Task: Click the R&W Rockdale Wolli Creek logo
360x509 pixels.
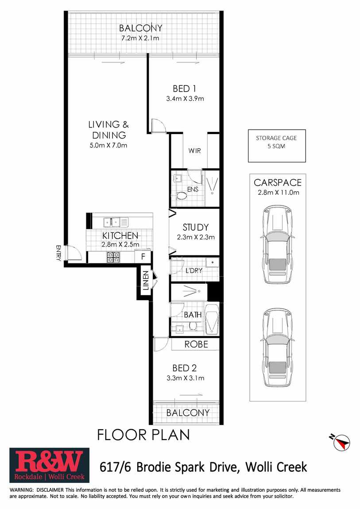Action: [x=49, y=465]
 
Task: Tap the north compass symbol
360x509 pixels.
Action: [x=340, y=442]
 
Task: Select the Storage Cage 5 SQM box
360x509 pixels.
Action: [x=277, y=146]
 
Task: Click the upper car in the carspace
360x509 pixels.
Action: [x=278, y=244]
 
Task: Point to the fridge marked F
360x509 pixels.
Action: [x=143, y=256]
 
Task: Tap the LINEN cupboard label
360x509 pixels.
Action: [x=146, y=281]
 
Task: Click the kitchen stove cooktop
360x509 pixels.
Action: [x=113, y=258]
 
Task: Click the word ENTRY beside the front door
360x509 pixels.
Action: [x=58, y=253]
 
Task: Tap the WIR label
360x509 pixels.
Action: [x=194, y=150]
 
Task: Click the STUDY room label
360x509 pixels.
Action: [x=196, y=227]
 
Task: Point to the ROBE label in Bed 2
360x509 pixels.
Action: [x=196, y=344]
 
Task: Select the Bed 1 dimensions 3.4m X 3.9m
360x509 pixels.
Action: [x=185, y=98]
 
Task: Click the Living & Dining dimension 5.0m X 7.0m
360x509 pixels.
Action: [x=108, y=145]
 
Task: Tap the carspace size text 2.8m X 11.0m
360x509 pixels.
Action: [x=279, y=192]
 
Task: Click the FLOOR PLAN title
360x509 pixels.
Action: [x=143, y=435]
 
